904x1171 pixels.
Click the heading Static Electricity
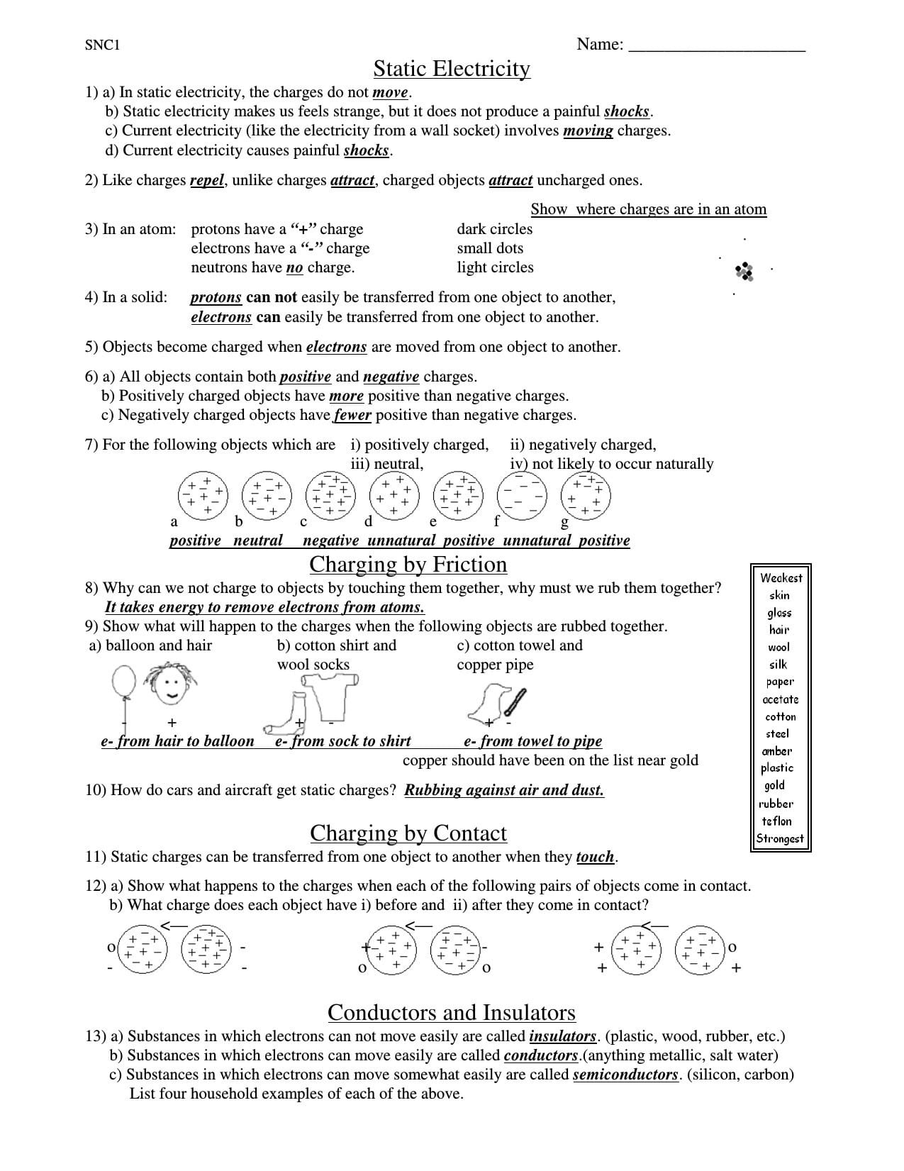(452, 69)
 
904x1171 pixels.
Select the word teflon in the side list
(776, 821)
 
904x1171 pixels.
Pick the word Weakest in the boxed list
(781, 578)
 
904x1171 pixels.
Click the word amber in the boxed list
(777, 751)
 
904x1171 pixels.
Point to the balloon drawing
(123, 682)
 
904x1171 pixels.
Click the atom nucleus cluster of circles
(744, 270)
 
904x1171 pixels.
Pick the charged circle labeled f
(522, 494)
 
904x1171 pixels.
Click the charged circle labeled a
(203, 494)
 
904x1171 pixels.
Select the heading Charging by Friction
(408, 564)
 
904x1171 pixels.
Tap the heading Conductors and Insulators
(452, 1012)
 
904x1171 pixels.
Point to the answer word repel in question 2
(207, 180)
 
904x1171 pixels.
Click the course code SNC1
(103, 45)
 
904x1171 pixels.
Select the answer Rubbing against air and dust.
(504, 790)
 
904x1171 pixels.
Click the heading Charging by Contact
(408, 833)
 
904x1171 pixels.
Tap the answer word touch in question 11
(595, 857)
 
